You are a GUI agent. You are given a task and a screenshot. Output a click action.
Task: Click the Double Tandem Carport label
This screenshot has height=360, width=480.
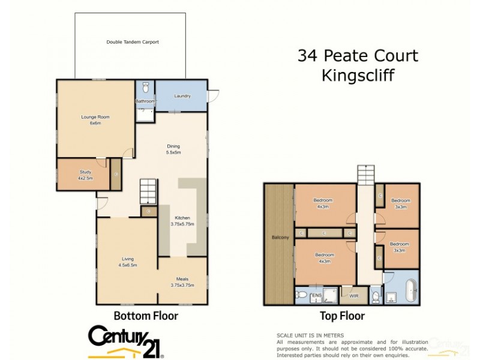pyautogui.click(x=136, y=42)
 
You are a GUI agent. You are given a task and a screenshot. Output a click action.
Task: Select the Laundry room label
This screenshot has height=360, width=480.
pyautogui.click(x=182, y=96)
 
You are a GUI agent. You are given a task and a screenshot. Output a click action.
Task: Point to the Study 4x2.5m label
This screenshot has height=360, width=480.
pyautogui.click(x=85, y=175)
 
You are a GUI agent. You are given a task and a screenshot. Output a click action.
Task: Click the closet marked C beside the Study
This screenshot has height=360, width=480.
pyautogui.click(x=116, y=175)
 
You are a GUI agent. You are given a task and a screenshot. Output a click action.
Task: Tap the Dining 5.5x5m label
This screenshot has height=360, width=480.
pyautogui.click(x=173, y=149)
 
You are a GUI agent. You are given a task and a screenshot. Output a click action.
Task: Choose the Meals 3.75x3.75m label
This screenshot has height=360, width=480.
pyautogui.click(x=182, y=281)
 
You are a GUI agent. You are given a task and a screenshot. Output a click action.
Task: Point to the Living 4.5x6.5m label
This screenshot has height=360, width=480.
pyautogui.click(x=128, y=262)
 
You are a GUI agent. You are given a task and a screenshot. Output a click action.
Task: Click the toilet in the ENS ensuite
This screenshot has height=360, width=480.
pyautogui.click(x=302, y=295)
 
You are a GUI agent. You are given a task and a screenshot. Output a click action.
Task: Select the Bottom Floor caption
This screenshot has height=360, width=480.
pyautogui.click(x=146, y=316)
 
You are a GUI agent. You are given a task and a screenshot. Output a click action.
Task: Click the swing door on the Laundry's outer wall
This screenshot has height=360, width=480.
pyautogui.click(x=212, y=95)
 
